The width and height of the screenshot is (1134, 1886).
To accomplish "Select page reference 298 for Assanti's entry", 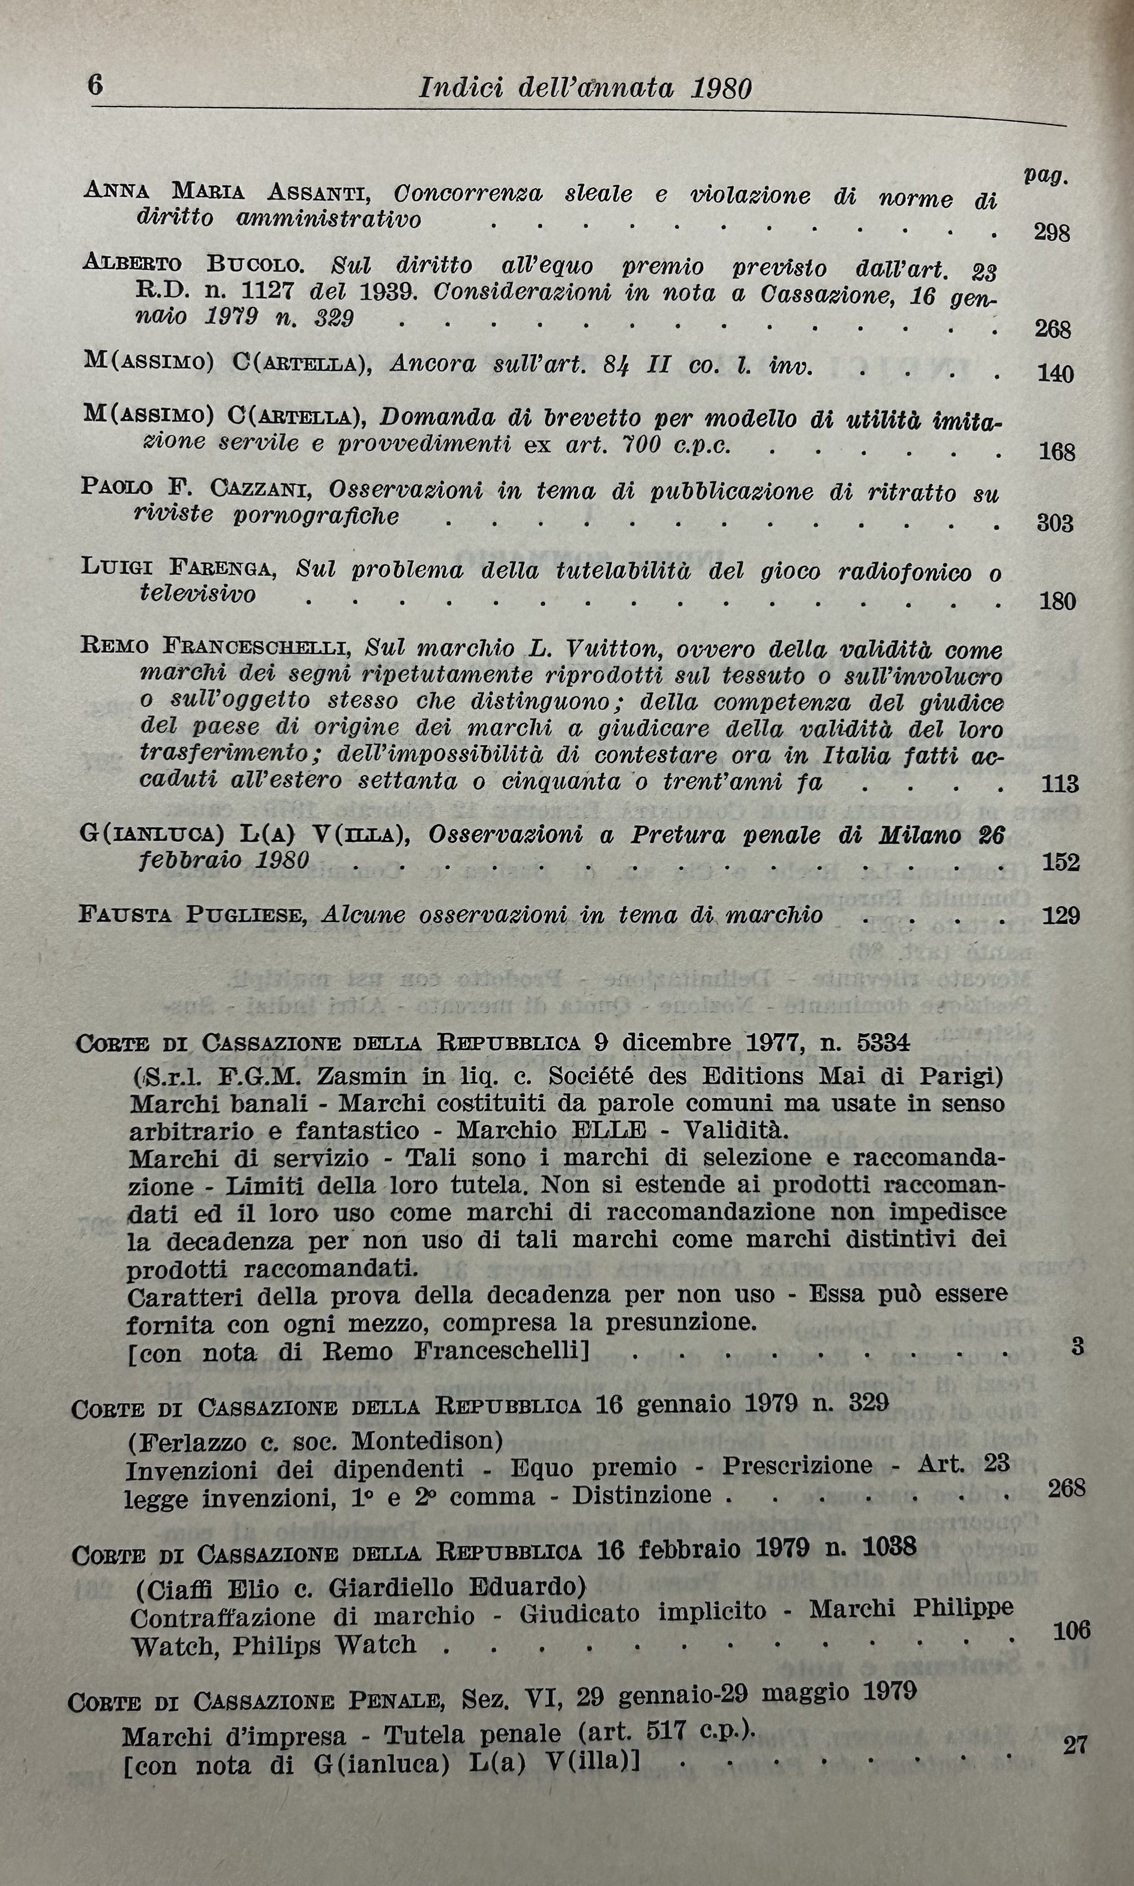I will [1052, 233].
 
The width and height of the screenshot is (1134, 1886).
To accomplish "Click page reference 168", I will [1057, 452].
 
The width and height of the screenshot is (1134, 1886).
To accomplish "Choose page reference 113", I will [1060, 783].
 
